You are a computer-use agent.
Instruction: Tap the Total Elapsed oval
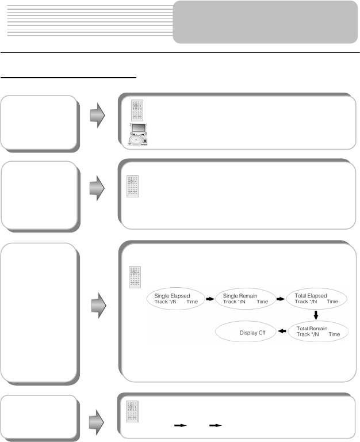pyautogui.click(x=316, y=299)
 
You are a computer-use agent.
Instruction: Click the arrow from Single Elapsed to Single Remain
pyautogui.click(x=210, y=300)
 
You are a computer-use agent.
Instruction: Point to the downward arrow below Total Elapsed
pyautogui.click(x=316, y=315)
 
